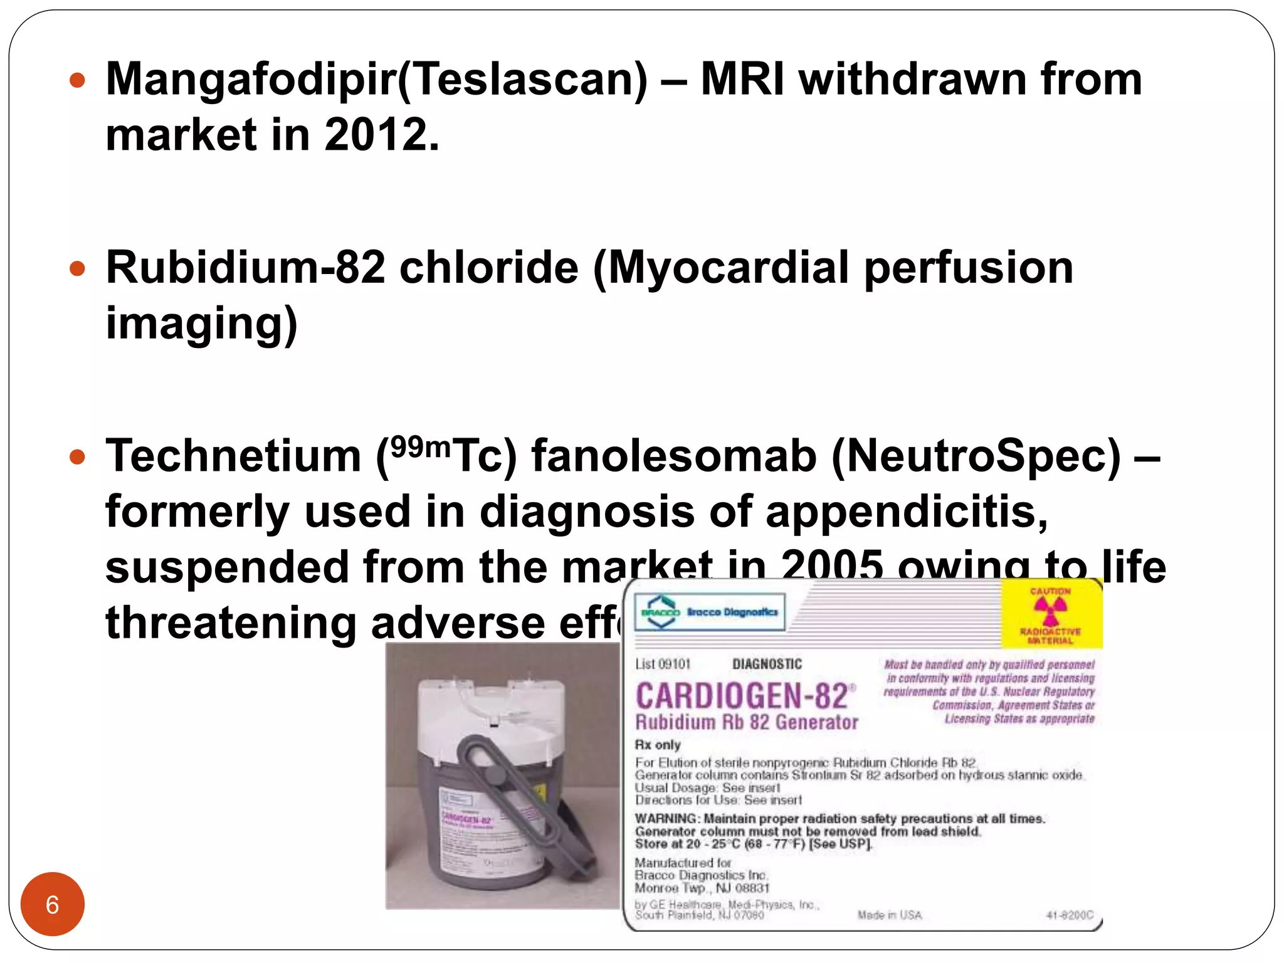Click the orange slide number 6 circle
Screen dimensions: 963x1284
(x=52, y=904)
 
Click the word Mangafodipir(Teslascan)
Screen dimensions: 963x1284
(x=377, y=80)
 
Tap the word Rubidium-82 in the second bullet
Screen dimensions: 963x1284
(x=245, y=268)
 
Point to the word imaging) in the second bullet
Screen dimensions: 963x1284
(x=201, y=323)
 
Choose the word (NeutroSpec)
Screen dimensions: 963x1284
(x=976, y=456)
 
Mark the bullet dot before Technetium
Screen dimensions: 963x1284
(x=77, y=456)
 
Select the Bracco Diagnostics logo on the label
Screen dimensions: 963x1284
(x=710, y=611)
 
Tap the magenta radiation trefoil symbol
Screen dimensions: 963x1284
(x=1050, y=609)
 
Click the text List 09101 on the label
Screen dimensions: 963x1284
(x=662, y=664)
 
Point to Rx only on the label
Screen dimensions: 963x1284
(x=657, y=745)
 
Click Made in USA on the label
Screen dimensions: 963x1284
(x=889, y=915)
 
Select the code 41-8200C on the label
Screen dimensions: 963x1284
(x=1069, y=915)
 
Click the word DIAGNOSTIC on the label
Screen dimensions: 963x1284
(x=766, y=664)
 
